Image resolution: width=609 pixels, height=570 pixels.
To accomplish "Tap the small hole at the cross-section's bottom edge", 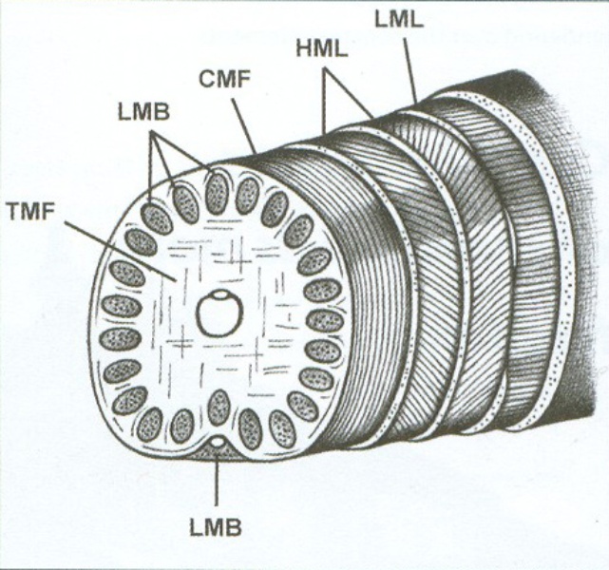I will [219, 442].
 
